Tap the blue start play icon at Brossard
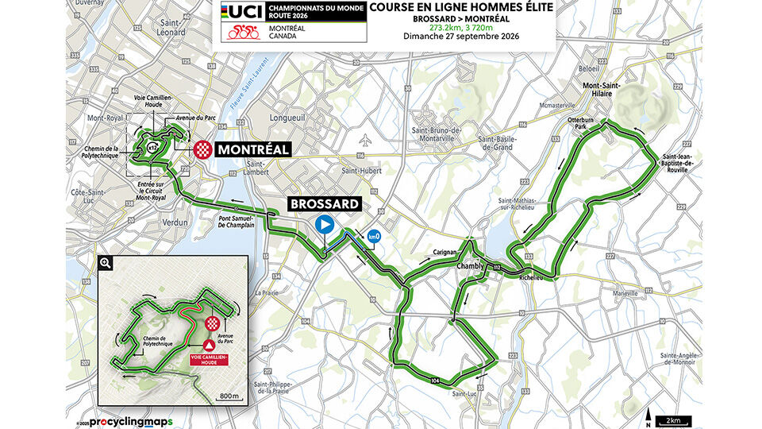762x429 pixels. [324, 224]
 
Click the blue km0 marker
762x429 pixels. [372, 236]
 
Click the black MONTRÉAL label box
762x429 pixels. [239, 149]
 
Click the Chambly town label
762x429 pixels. [470, 267]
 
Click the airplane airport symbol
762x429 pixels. [364, 141]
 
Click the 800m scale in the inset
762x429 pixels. [229, 394]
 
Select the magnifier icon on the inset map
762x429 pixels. [105, 262]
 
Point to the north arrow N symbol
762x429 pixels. [649, 416]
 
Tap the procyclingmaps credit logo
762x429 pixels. [130, 419]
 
